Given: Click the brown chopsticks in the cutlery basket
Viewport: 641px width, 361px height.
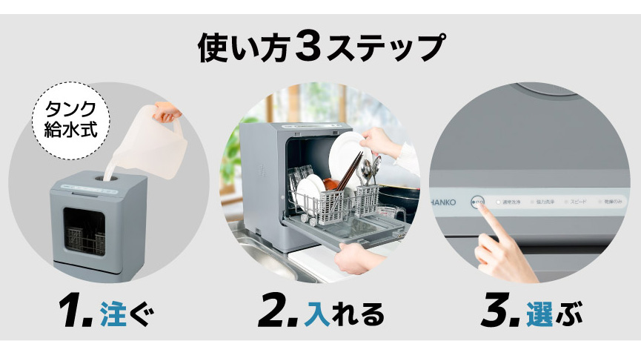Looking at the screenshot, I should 351,171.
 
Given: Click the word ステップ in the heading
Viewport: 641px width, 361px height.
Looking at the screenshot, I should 385,47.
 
